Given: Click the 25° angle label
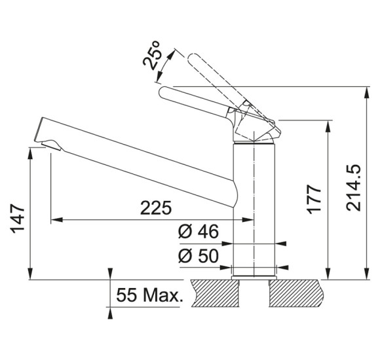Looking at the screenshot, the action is coord(152,55).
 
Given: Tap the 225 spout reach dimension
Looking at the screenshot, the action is coord(156,208).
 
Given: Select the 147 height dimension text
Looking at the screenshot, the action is coord(18,219).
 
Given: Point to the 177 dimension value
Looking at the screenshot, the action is coord(314,199).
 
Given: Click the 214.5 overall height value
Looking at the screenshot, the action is coord(353,188).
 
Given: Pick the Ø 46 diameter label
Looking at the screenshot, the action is coord(199,231).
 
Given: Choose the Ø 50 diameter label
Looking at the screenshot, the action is coord(199,256).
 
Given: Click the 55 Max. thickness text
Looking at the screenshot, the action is coord(149,295).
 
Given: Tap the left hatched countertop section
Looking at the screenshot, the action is coord(215,293).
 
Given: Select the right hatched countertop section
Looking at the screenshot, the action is coord(296,293).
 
